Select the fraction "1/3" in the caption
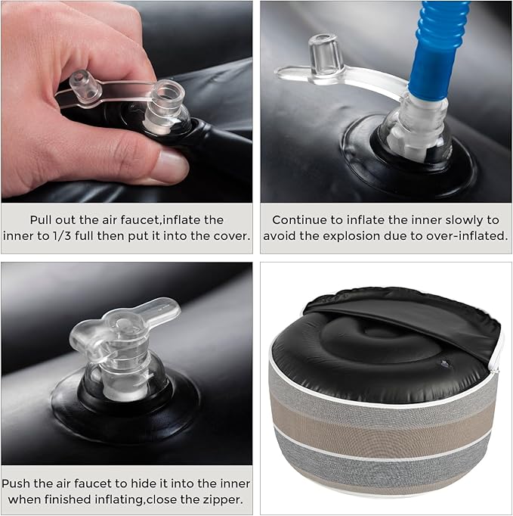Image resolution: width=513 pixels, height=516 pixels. tap(61, 236)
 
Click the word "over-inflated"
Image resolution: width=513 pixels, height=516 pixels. tap(474, 236)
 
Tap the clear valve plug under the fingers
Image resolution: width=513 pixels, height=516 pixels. tap(85, 86)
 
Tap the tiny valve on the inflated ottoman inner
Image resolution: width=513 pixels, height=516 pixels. tap(444, 363)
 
